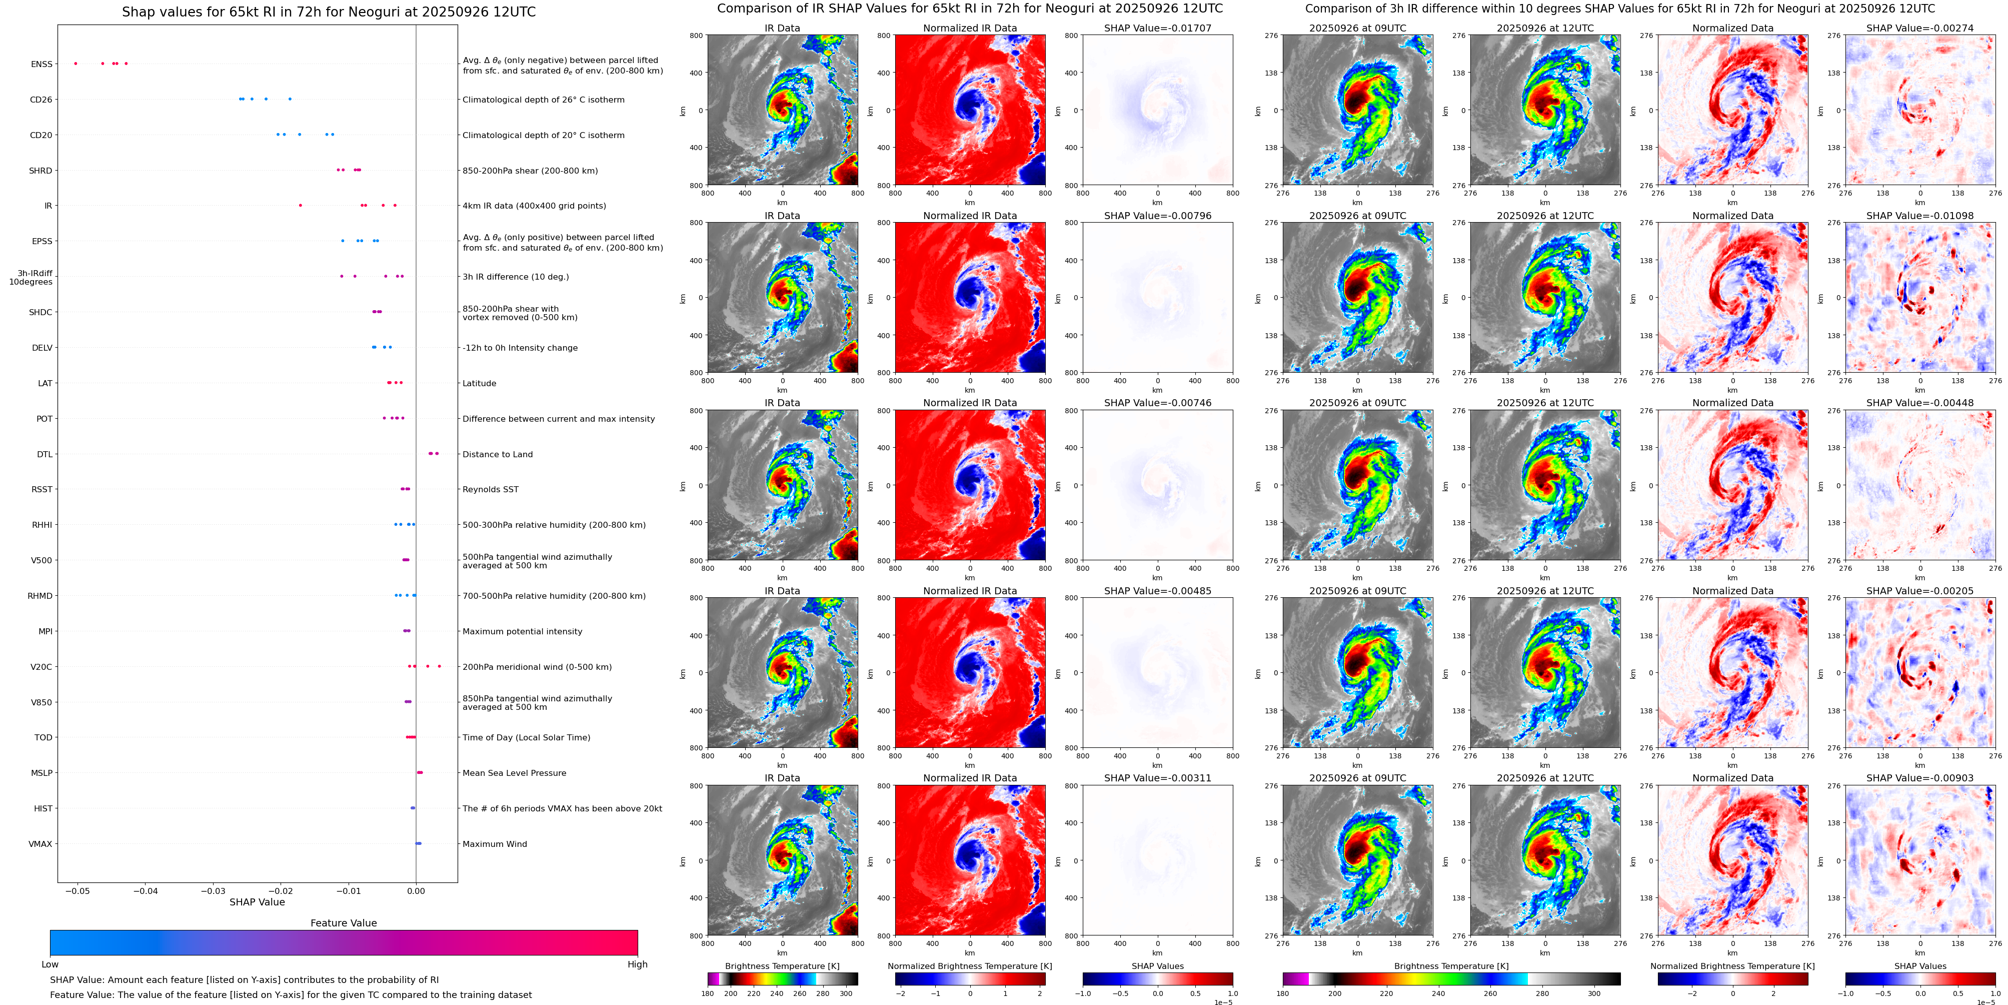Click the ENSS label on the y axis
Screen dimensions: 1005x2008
(x=42, y=64)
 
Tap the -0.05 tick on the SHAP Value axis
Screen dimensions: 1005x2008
(x=78, y=890)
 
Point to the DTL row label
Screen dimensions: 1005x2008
(x=45, y=455)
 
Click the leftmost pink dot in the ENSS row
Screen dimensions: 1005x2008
(x=76, y=63)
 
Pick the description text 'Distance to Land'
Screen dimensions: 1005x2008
(x=497, y=455)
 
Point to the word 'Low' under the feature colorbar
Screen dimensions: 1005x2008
(x=50, y=964)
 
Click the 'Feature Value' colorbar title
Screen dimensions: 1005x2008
(x=343, y=923)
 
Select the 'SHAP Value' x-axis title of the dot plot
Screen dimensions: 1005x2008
(x=257, y=902)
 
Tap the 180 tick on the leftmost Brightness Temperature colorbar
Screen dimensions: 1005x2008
(x=708, y=993)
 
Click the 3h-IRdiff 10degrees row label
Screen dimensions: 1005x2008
(x=31, y=278)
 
